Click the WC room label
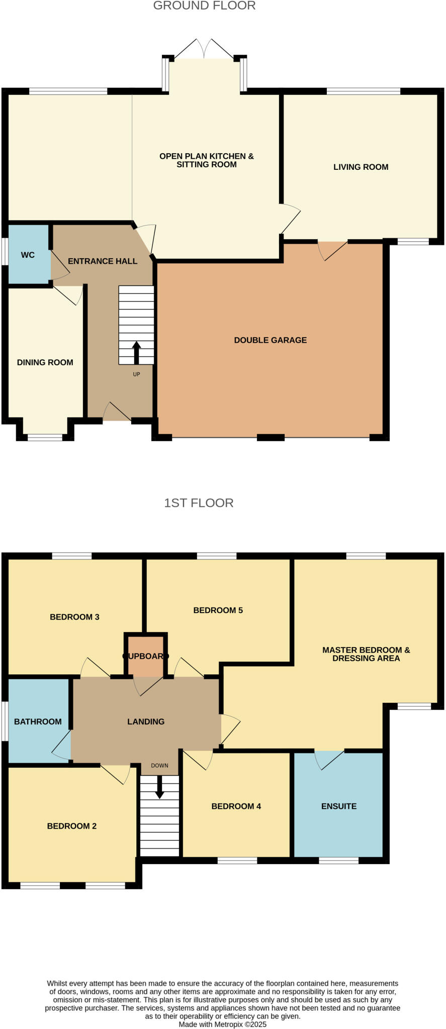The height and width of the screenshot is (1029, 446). point(28,255)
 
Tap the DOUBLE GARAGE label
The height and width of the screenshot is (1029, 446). point(270,340)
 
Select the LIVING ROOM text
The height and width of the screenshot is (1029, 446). point(361,167)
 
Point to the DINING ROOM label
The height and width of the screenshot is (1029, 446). point(45,362)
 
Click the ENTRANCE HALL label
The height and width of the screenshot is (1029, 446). point(103,261)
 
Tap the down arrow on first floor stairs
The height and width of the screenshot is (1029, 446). point(159,787)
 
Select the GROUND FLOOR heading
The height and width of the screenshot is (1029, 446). point(204,6)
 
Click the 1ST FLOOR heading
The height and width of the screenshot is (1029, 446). point(199,503)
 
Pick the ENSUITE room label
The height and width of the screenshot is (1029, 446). point(338,806)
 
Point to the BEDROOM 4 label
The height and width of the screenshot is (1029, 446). point(236,806)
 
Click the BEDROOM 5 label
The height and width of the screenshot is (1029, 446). point(218,610)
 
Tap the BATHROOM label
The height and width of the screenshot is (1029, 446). point(38,722)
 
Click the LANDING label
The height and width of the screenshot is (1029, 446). point(145,722)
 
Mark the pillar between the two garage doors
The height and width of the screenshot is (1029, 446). point(271,438)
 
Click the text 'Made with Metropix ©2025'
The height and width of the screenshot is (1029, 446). point(222,1024)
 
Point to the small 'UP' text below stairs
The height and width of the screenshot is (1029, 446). point(136,374)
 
